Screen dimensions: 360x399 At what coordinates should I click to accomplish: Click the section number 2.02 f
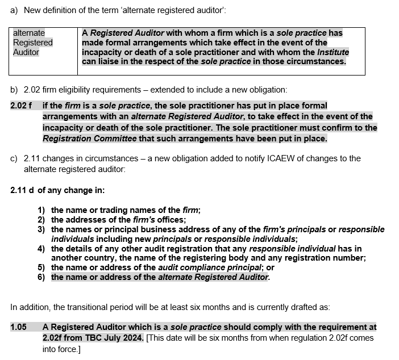21,106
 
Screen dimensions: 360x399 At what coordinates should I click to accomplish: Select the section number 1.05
19,327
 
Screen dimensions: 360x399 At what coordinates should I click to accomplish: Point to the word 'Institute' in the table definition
333,52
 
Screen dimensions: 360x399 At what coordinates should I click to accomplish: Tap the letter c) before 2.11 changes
14,158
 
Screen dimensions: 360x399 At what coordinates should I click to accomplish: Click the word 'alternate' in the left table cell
29,33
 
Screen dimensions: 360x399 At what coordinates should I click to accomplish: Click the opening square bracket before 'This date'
148,337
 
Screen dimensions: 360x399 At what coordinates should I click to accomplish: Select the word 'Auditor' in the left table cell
26,52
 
